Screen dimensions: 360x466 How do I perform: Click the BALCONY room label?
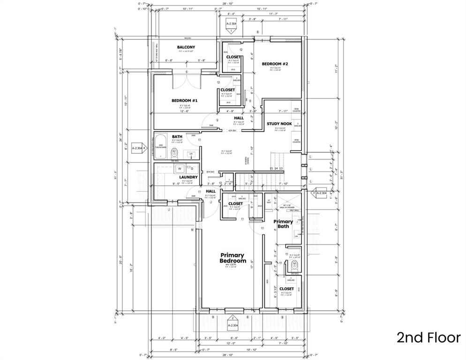(x=186, y=47)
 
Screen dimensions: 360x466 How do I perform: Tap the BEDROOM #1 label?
(x=184, y=101)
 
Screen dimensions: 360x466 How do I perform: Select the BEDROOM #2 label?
(x=275, y=64)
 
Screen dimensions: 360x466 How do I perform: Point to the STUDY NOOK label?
(x=279, y=124)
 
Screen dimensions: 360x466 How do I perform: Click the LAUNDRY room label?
(x=188, y=177)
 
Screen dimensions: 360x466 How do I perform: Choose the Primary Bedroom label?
(x=233, y=258)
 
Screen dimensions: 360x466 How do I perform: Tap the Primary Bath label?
(x=283, y=224)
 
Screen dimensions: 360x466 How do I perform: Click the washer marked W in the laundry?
(x=179, y=168)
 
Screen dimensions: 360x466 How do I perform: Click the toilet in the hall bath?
(x=174, y=152)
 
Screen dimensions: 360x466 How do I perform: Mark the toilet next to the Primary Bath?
(x=294, y=266)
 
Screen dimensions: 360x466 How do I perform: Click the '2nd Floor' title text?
(x=428, y=337)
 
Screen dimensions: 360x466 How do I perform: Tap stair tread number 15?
(x=271, y=168)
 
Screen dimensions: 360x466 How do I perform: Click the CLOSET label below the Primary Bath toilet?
(x=286, y=289)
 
